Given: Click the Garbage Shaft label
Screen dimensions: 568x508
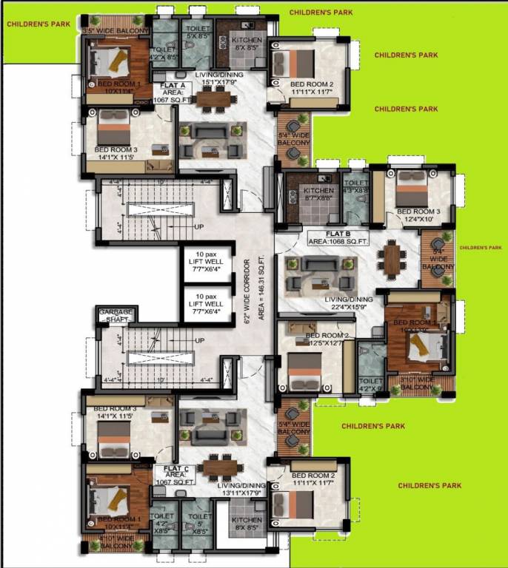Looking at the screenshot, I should pyautogui.click(x=116, y=317).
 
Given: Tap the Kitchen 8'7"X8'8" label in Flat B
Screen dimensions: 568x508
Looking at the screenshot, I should pyautogui.click(x=312, y=193).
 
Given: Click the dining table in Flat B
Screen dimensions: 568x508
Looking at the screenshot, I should pyautogui.click(x=391, y=260).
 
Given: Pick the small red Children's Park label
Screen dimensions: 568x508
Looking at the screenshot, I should pyautogui.click(x=480, y=248).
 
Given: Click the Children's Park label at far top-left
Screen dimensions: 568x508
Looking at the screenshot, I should pyautogui.click(x=39, y=24).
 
